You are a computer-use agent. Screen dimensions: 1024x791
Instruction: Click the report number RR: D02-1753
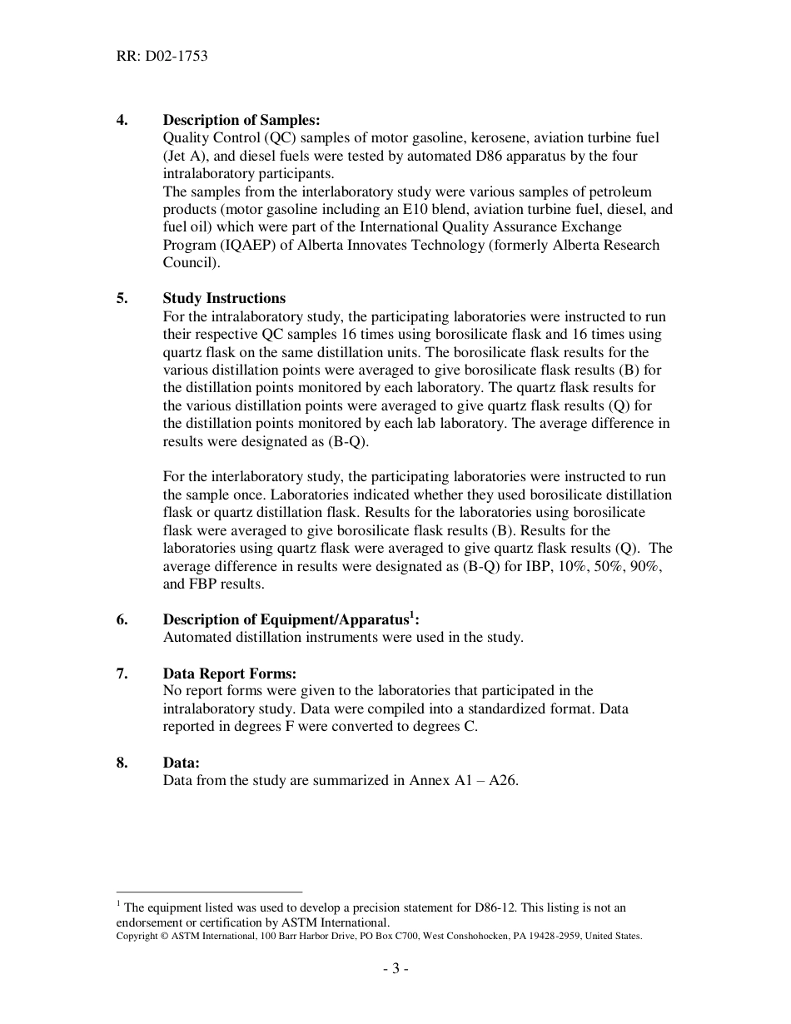[x=162, y=57]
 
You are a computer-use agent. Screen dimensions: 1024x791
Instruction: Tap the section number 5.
[x=122, y=298]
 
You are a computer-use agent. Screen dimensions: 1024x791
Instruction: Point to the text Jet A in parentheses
[x=183, y=156]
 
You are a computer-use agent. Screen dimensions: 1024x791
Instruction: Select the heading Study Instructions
[x=224, y=298]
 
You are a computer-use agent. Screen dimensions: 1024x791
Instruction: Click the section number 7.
[x=122, y=673]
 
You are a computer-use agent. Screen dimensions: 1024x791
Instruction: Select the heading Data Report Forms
[x=229, y=673]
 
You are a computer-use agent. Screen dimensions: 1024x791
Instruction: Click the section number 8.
[x=122, y=762]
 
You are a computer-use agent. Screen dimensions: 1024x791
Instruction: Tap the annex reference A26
[x=504, y=780]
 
